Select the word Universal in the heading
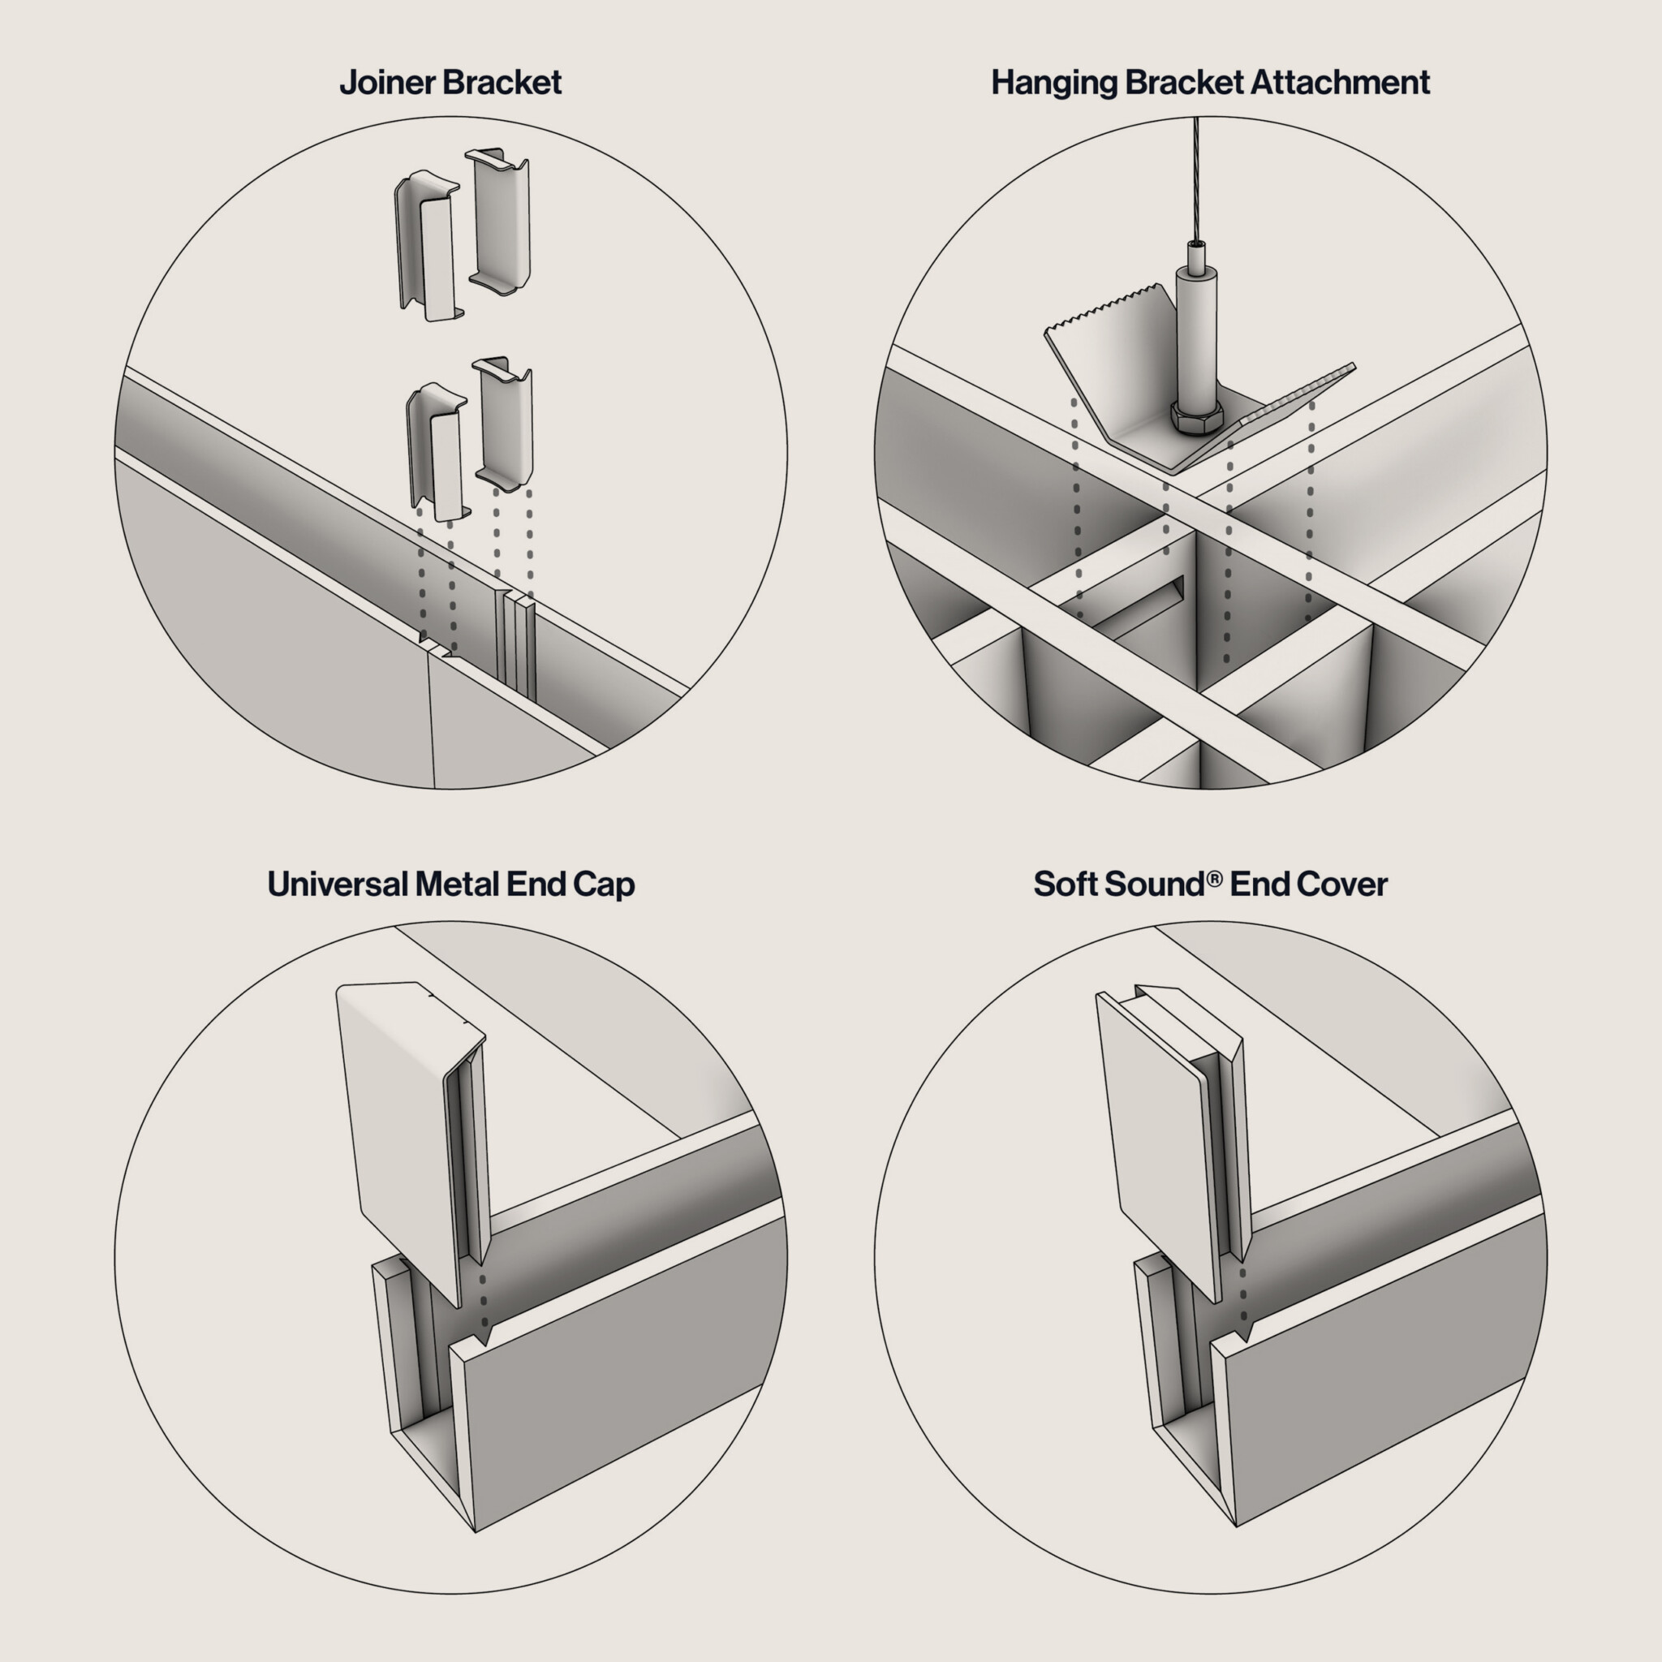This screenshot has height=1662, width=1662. tap(338, 885)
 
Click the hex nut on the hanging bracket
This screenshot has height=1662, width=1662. tap(1197, 416)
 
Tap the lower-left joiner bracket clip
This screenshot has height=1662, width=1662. tap(437, 452)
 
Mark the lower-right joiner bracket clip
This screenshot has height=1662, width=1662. tap(504, 424)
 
